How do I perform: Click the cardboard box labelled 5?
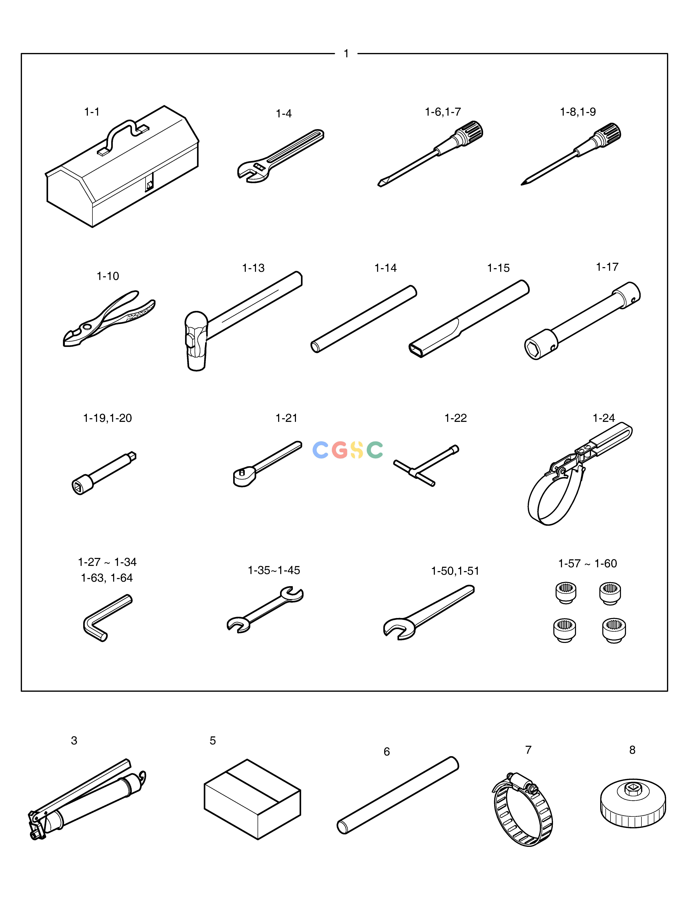pyautogui.click(x=252, y=799)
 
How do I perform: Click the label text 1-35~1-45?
pyautogui.click(x=274, y=570)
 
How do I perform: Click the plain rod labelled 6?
pyautogui.click(x=398, y=795)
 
